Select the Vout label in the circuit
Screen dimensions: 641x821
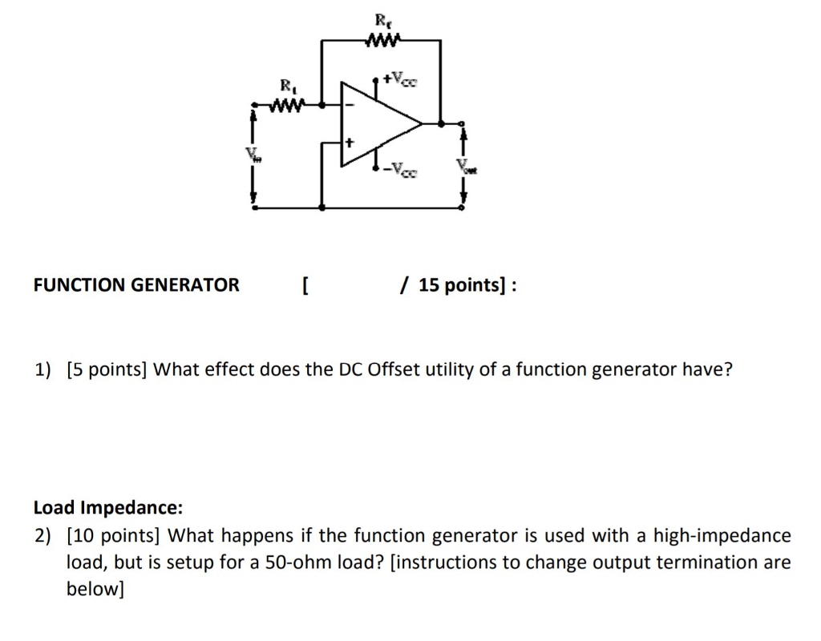tap(463, 166)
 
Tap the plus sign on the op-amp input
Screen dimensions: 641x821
tap(350, 142)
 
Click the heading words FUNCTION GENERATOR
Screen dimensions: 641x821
tap(136, 285)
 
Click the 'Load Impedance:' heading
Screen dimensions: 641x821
tap(108, 507)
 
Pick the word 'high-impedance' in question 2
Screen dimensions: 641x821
tap(722, 534)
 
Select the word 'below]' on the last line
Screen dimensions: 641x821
tap(95, 590)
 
